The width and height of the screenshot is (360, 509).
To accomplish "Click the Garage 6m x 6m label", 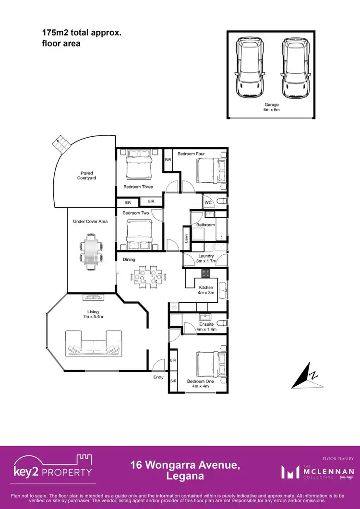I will click(272, 107).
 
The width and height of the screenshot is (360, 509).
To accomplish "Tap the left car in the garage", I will click(250, 67).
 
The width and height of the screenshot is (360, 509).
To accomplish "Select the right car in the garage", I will click(294, 67).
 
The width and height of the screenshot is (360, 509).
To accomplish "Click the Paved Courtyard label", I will click(87, 175).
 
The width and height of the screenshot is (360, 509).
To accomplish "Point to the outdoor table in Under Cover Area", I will click(91, 250).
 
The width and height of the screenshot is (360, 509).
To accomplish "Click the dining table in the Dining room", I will click(147, 277).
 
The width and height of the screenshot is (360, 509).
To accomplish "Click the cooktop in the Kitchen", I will click(205, 273).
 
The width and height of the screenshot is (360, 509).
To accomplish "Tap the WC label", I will click(208, 203).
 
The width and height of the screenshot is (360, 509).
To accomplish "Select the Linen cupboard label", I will click(186, 237).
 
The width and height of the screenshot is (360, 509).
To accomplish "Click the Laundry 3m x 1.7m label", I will click(206, 258).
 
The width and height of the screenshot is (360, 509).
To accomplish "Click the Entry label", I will click(158, 377).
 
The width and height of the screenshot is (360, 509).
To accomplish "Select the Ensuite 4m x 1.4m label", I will click(206, 327).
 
